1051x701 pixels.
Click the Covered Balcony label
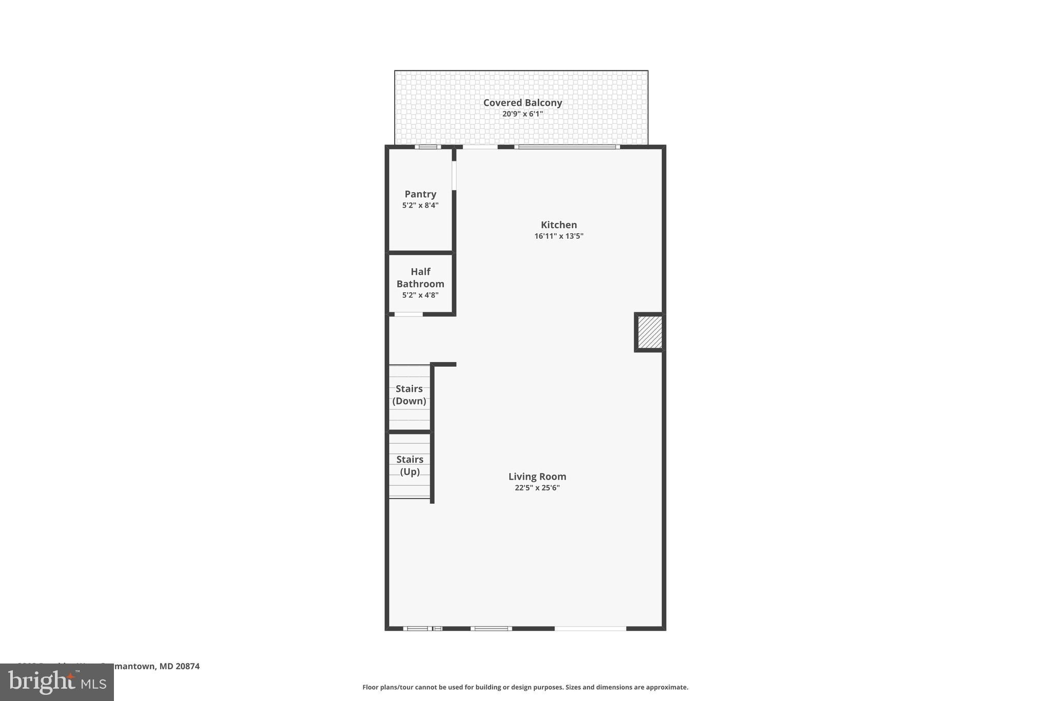522,103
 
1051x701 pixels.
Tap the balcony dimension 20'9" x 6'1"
522,114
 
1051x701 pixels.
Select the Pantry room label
420,194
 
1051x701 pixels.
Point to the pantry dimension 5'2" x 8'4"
420,205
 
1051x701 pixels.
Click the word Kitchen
559,225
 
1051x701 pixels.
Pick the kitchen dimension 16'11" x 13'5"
559,236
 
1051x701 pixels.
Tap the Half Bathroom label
420,278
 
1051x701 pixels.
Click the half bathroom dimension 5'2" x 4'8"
420,295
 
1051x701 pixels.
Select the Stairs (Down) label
409,395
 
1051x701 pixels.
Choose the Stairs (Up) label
410,466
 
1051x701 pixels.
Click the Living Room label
537,477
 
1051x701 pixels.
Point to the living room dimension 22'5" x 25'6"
537,488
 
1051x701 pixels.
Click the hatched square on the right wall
650,332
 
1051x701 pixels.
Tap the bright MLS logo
57,682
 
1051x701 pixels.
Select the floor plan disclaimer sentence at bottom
525,687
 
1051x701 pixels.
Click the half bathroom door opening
408,314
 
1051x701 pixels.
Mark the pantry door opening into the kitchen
454,176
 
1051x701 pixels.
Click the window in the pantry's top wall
427,147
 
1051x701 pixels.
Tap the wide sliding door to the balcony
567,147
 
